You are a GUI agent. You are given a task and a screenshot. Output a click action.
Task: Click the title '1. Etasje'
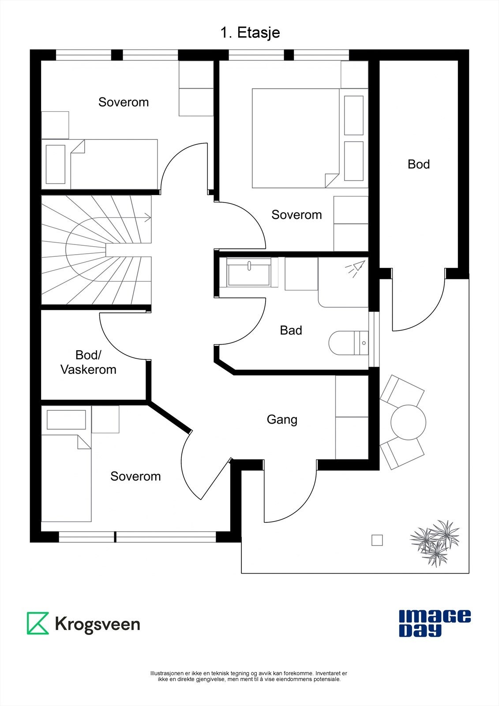[250, 33]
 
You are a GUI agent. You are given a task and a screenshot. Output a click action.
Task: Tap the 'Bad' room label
[291, 330]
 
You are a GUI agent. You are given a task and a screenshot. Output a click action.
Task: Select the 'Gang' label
[282, 419]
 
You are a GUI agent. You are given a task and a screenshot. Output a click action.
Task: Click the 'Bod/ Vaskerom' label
[88, 362]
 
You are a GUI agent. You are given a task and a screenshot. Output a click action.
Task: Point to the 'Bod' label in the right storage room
[418, 164]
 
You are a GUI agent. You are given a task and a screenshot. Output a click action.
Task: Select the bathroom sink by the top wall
[249, 273]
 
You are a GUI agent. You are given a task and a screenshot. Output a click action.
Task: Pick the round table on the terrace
[408, 421]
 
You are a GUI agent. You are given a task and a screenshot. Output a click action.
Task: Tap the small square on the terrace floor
[377, 540]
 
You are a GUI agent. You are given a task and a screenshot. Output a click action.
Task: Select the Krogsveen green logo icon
[38, 623]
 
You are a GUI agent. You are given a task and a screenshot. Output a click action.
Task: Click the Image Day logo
[435, 623]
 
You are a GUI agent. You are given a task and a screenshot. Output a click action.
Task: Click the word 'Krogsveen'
[98, 624]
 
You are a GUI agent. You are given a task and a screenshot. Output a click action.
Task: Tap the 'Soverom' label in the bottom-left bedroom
[135, 476]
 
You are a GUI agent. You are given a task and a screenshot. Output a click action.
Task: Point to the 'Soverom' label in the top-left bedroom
[124, 102]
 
